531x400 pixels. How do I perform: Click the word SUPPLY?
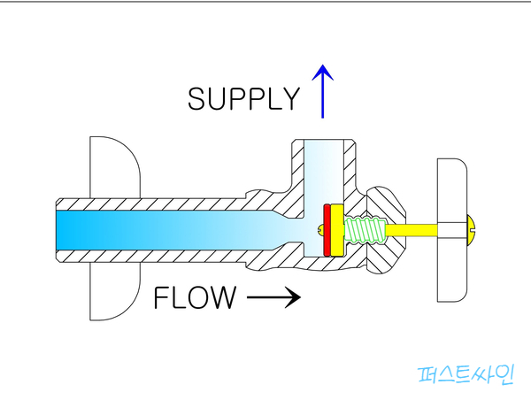pos(243,98)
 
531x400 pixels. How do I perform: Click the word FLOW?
pos(195,298)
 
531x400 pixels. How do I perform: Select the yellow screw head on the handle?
pos(471,230)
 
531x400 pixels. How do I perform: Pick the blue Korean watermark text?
pos(465,374)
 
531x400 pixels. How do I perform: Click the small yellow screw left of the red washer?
pos(320,230)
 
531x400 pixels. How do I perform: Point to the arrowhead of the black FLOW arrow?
pos(295,298)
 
